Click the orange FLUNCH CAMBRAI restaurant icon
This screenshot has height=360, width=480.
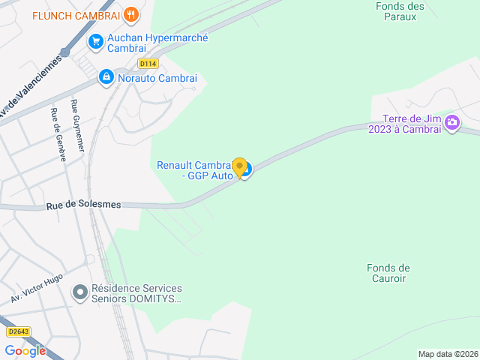click(x=131, y=14)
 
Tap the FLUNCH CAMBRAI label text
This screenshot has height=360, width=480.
click(x=77, y=15)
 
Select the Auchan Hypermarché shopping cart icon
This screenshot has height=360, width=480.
click(x=95, y=42)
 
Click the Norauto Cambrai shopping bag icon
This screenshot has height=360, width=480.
click(x=106, y=77)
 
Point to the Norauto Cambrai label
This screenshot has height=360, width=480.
click(x=157, y=78)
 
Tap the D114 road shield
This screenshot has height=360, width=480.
click(x=148, y=64)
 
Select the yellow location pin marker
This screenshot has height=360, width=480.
click(x=239, y=168)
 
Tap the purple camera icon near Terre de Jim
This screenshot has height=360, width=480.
click(x=452, y=123)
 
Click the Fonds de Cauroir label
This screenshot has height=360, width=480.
click(x=388, y=273)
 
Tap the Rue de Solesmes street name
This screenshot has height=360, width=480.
click(x=83, y=205)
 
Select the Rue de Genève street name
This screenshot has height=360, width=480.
click(x=58, y=134)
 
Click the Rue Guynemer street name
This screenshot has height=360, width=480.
click(x=76, y=127)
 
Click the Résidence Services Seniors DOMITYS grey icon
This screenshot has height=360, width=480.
click(x=79, y=293)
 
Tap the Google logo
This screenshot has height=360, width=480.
click(x=25, y=350)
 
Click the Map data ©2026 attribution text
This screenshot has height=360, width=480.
click(x=447, y=354)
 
